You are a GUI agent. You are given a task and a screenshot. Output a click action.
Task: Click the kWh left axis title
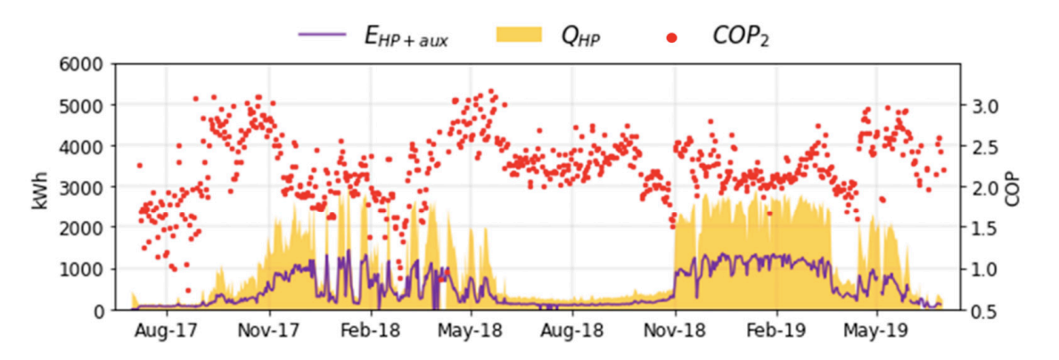(40, 187)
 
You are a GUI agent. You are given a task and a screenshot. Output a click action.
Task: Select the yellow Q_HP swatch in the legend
(517, 35)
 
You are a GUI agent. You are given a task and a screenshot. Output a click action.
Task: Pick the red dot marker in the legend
(670, 37)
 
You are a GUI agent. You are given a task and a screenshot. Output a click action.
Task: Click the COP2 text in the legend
(740, 37)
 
